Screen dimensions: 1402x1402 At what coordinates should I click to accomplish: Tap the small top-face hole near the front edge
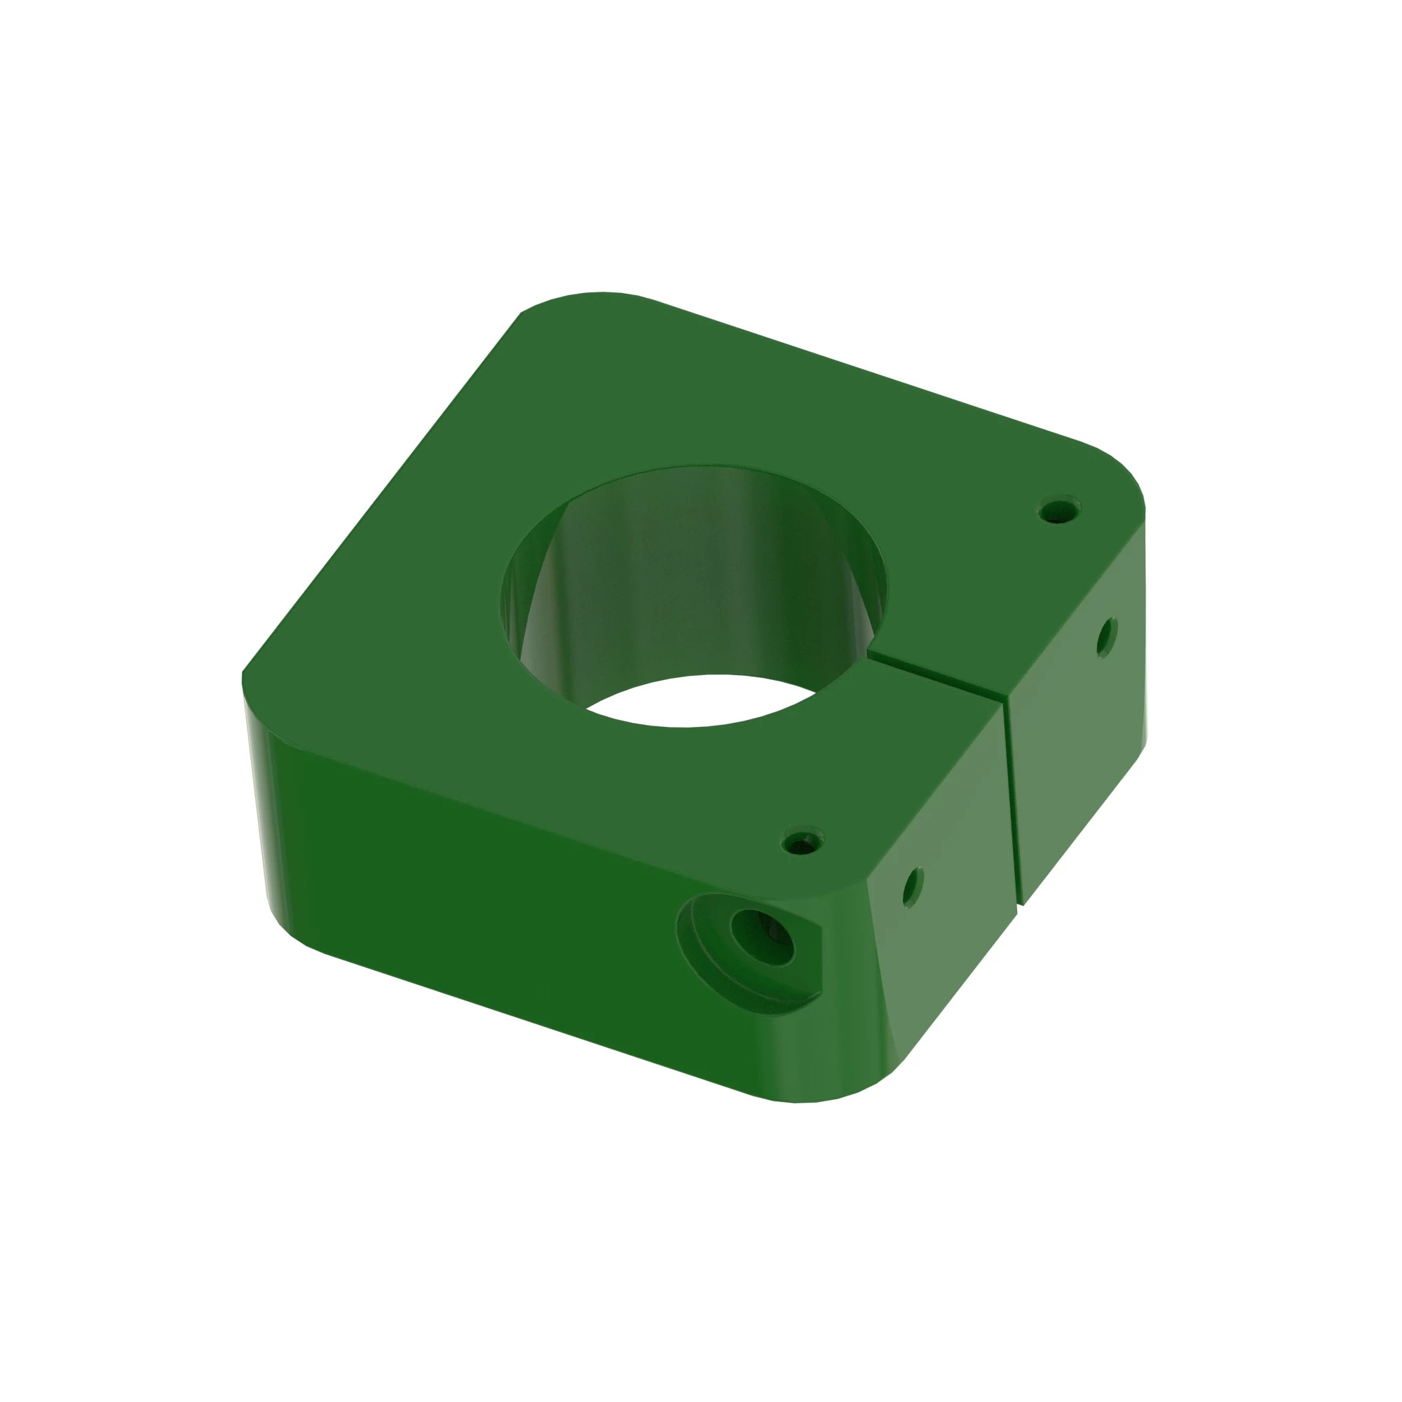[x=803, y=843]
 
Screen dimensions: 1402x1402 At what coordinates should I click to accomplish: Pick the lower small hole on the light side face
[x=913, y=886]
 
